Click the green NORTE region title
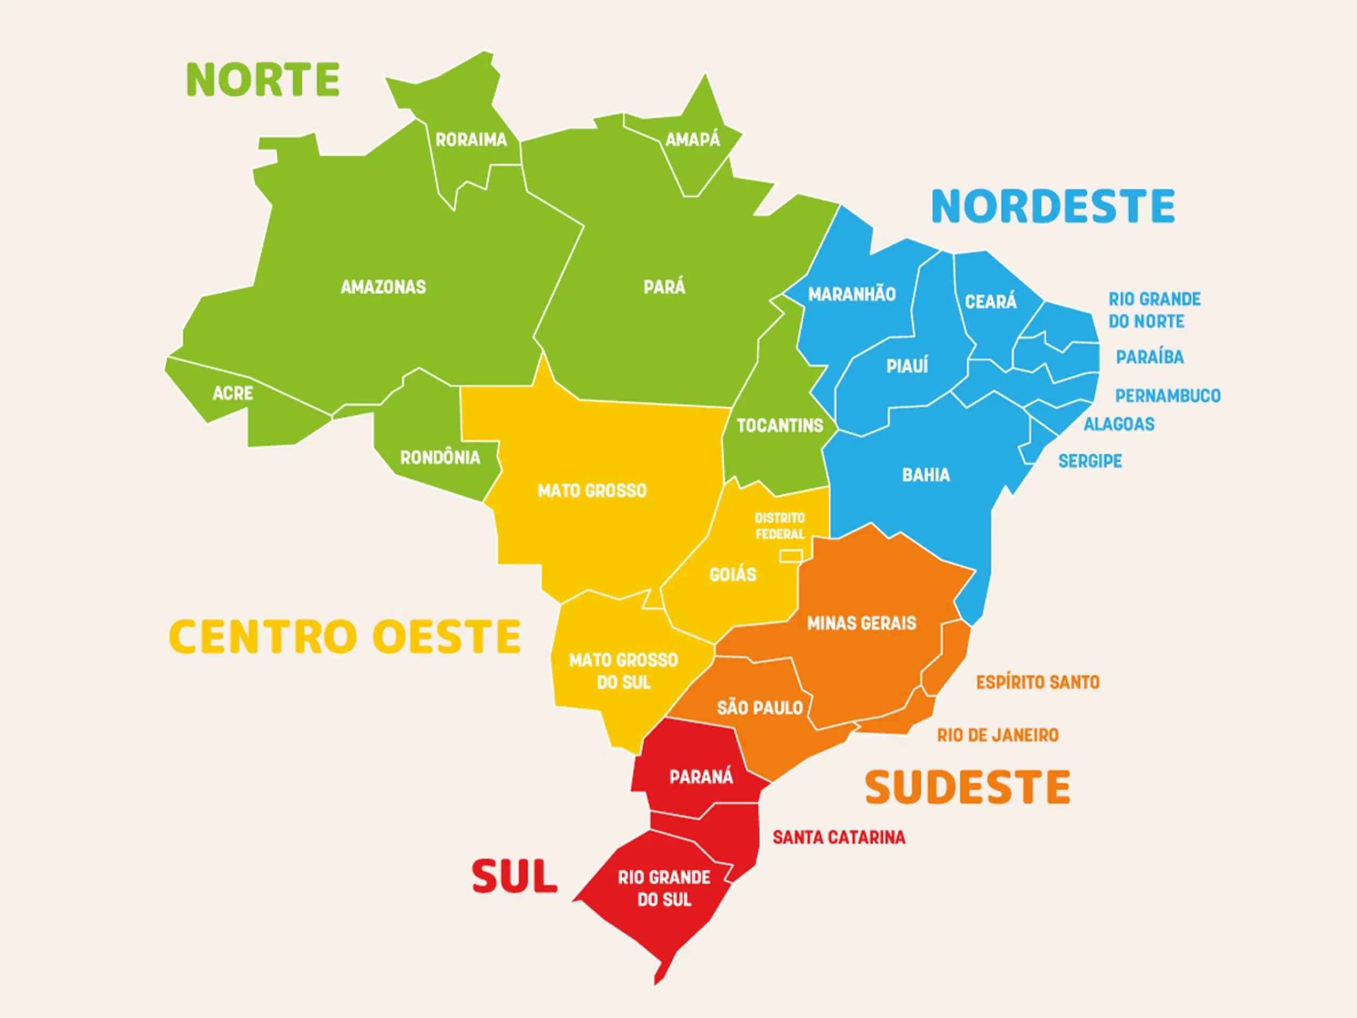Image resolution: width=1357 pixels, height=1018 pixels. (262, 80)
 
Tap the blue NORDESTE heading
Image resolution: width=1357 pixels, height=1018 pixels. (1053, 206)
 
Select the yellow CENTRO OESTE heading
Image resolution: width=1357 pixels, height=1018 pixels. (345, 636)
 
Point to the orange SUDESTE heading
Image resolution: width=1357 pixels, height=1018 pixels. (967, 787)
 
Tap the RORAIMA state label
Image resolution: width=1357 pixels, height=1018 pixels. (471, 140)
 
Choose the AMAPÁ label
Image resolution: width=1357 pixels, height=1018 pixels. (693, 140)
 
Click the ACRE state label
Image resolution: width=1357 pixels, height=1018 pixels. (233, 393)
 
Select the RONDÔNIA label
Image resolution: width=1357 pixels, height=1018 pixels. (440, 457)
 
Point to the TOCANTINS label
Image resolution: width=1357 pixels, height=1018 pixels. (780, 425)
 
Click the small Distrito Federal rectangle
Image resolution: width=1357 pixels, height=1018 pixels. (791, 556)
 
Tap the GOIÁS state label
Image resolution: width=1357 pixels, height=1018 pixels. (733, 575)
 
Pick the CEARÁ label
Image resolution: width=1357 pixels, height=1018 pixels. (991, 301)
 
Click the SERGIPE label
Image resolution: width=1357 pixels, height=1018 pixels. (1090, 461)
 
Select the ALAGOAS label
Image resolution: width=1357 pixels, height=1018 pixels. (1119, 424)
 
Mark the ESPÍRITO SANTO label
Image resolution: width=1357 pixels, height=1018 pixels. (1038, 682)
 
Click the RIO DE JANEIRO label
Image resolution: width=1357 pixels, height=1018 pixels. (998, 735)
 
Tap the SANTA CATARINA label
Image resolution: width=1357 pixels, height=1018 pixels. (839, 837)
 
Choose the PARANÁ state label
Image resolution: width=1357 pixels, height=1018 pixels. (701, 777)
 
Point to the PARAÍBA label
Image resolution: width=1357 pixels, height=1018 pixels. (1150, 357)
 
